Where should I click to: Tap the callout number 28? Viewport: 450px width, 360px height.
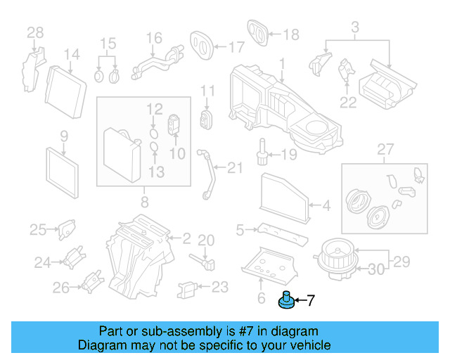(35, 32)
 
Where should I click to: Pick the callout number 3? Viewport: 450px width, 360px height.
(355, 27)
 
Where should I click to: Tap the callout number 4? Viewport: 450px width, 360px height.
(326, 206)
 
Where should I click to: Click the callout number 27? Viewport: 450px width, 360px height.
(384, 148)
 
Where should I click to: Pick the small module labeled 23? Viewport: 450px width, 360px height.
(186, 288)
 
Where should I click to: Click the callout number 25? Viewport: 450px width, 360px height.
(37, 229)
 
